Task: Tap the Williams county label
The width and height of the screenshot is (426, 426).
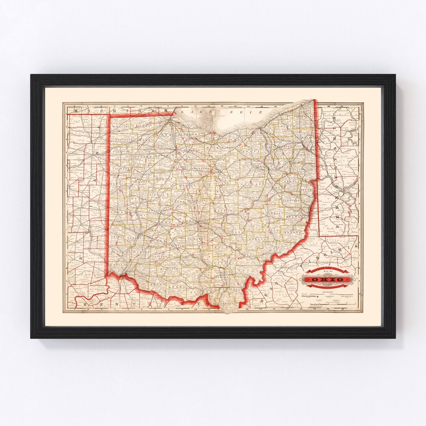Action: [x=120, y=126]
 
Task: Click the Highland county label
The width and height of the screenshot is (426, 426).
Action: [x=170, y=269]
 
